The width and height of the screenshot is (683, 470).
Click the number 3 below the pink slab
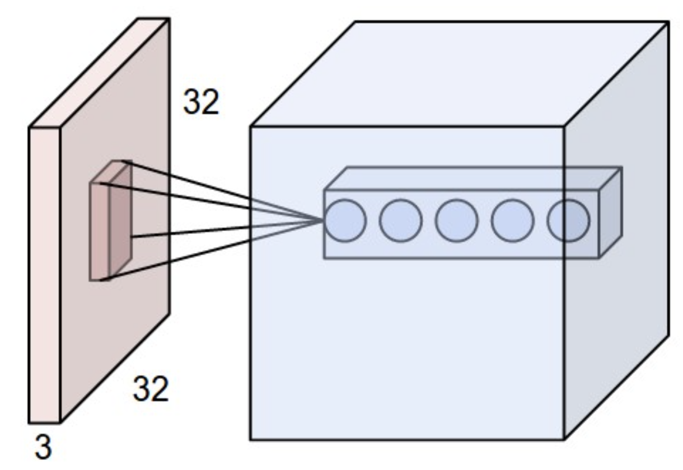click(43, 448)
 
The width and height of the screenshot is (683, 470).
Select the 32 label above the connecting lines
click(202, 102)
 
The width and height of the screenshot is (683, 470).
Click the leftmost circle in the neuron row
click(345, 220)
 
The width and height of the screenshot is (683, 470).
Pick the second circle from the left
click(401, 220)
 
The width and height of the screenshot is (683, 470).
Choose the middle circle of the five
click(457, 220)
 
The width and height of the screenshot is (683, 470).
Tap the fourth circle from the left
click(513, 220)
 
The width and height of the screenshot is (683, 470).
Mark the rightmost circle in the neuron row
click(568, 220)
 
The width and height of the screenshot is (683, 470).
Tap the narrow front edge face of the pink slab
click(44, 274)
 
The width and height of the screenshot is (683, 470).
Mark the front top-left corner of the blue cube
click(250, 126)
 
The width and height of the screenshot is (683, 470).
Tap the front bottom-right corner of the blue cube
click(564, 439)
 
